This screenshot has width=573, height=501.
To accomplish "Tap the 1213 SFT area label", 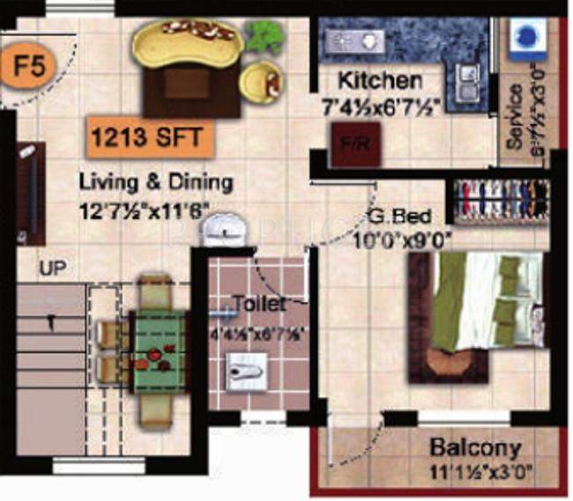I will (x=149, y=137).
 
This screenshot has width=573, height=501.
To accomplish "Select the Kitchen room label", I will (x=380, y=81).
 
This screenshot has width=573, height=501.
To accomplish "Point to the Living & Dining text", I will (x=156, y=183).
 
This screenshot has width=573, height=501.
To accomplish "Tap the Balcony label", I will (x=474, y=447).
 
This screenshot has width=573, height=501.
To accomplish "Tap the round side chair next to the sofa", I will (x=260, y=81).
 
